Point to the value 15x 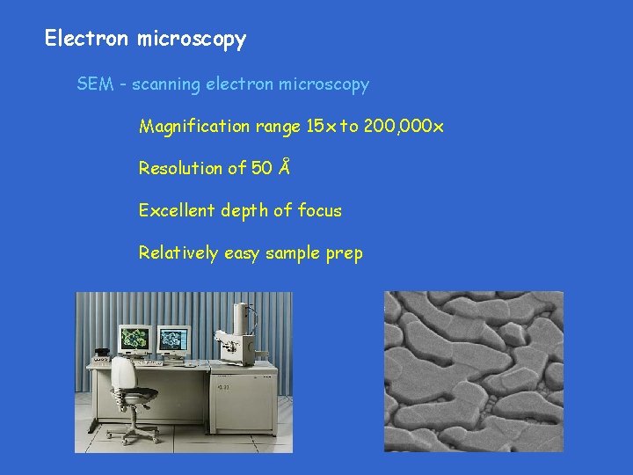[320, 127]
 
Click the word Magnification [193, 127]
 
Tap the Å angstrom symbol [283, 167]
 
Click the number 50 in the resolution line [261, 168]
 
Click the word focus [319, 210]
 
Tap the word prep [344, 253]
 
